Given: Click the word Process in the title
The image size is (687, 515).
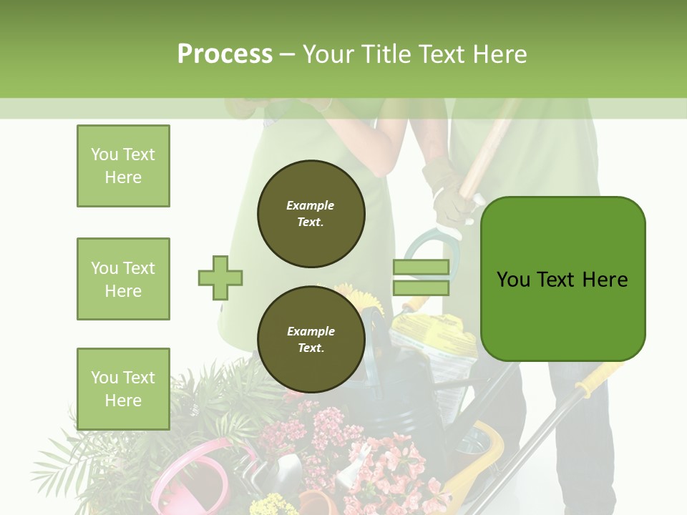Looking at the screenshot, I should coord(225,54).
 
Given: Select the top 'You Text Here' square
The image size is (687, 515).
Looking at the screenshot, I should coord(123,166).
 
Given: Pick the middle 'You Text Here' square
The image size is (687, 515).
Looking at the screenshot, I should coord(123,279).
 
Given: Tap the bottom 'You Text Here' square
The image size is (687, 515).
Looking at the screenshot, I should coord(123,388).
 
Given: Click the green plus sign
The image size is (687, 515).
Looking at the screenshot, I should coord(220,278).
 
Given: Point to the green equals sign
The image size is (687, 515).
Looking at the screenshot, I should coord(421,278).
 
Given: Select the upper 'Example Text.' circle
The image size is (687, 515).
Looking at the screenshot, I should coord(311,214).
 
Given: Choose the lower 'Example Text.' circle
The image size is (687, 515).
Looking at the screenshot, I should coord(311,339).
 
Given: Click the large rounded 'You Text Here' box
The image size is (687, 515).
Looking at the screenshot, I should coord(562,279).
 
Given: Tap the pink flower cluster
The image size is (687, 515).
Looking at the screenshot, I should coord(386,465).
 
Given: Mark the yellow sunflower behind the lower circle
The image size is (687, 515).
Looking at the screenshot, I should coord(360,298).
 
